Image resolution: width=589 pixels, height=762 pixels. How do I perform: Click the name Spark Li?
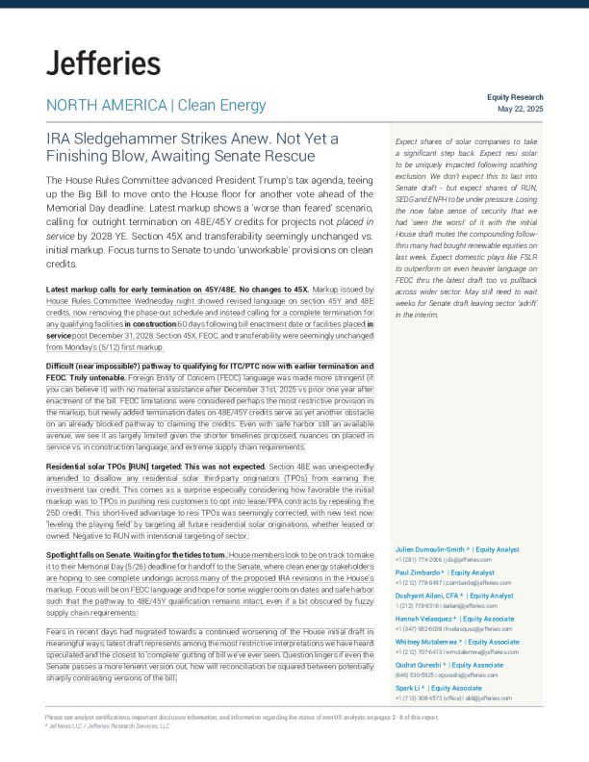[x=411, y=689]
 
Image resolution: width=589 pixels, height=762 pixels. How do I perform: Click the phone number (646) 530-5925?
[x=416, y=675]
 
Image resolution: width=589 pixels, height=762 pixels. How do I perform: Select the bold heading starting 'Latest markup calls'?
[x=178, y=289]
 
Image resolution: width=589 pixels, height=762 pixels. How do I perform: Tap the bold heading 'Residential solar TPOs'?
[x=87, y=466]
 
